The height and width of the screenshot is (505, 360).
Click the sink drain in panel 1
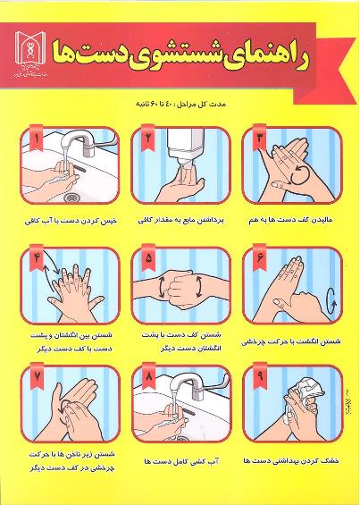pyautogui.click(x=70, y=196)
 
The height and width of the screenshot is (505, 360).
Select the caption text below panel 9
pyautogui.click(x=292, y=461)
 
